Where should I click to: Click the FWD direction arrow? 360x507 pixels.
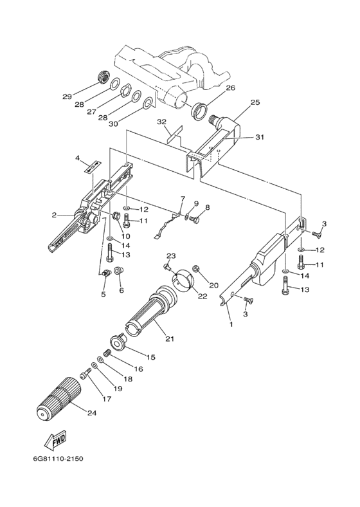[x=55, y=440]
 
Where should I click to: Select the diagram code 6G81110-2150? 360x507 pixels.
[x=58, y=459]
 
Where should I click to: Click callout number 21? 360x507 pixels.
[x=170, y=338]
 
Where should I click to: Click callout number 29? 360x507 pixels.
[x=67, y=97]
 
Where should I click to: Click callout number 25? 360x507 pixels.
[x=255, y=102]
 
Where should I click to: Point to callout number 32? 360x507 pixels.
[x=161, y=122]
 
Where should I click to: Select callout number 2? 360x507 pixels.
[x=54, y=214]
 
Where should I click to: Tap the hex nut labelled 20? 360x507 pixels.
[x=196, y=269]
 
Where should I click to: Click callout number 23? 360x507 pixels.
[x=171, y=256]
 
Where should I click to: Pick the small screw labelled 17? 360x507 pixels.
[x=85, y=375]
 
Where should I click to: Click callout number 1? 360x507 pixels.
[x=231, y=324]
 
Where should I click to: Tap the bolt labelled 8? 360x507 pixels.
[x=194, y=219]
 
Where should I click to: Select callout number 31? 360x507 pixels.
[x=260, y=137]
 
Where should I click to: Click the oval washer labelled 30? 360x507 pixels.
[x=148, y=103]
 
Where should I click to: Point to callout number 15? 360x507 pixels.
[x=150, y=357]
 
